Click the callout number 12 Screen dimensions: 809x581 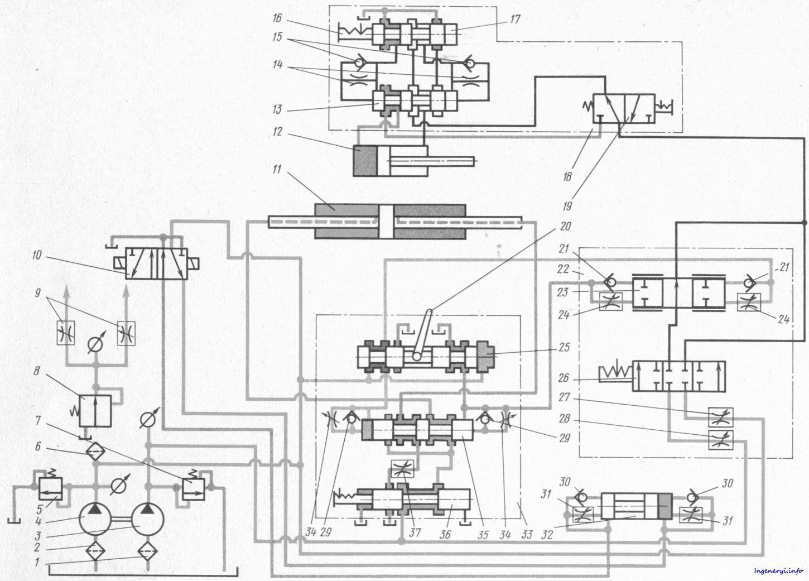click(277, 132)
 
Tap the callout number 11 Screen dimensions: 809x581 click(277, 169)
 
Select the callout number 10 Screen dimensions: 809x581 click(37, 255)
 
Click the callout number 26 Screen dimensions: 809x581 click(564, 378)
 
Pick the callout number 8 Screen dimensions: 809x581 click(36, 372)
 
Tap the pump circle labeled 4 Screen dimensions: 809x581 click(95, 519)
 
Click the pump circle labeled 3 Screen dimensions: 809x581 click(147, 519)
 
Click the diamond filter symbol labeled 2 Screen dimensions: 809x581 click(95, 551)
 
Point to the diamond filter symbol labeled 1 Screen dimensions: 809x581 click(147, 551)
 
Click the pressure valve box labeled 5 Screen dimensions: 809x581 click(50, 489)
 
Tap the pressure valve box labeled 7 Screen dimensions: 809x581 click(193, 489)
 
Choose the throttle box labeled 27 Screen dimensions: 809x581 click(720, 417)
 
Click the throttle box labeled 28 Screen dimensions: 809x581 click(720, 440)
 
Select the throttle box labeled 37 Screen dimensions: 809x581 click(403, 469)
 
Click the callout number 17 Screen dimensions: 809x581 click(515, 19)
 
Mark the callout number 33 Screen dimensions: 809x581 click(527, 534)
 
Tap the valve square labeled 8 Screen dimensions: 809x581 click(95, 410)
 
